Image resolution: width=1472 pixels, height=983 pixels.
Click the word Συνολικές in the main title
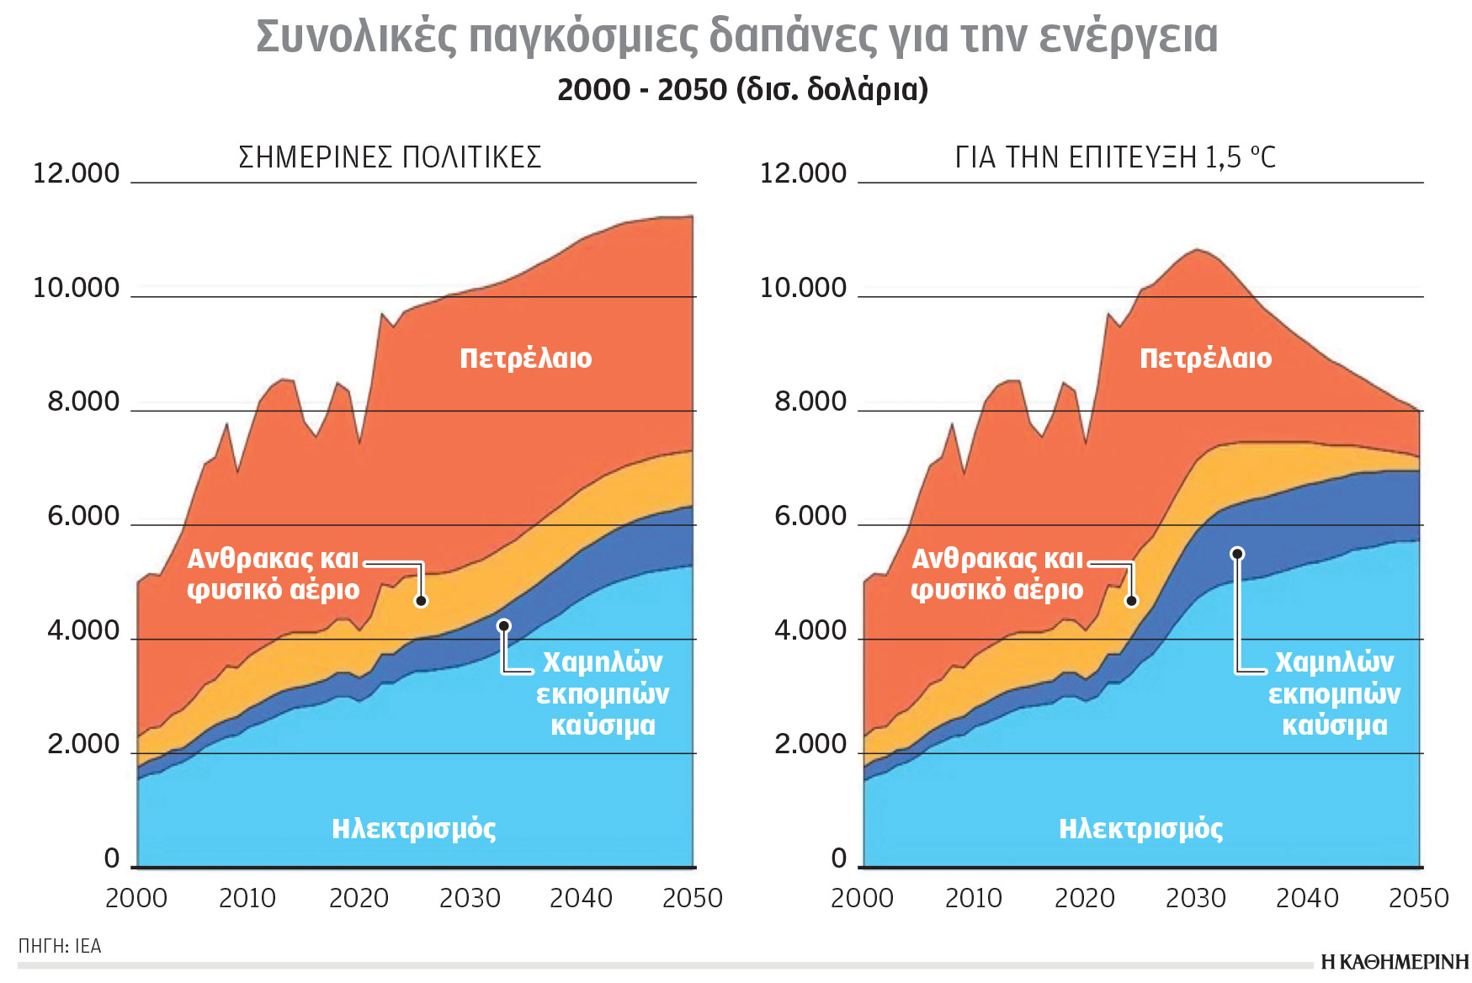pyautogui.click(x=356, y=37)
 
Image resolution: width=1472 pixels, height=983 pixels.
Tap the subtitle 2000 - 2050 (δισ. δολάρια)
pyautogui.click(x=742, y=89)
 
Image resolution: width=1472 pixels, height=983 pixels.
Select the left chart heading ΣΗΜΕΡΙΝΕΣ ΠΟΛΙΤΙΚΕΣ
pyautogui.click(x=390, y=157)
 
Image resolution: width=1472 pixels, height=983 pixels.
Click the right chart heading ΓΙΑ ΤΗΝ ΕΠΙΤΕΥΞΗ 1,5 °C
pyautogui.click(x=1115, y=157)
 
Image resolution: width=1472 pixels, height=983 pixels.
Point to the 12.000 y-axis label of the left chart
pyautogui.click(x=76, y=173)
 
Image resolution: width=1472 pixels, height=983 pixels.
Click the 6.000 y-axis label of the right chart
pyautogui.click(x=810, y=516)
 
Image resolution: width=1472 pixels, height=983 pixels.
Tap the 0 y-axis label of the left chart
pyautogui.click(x=111, y=858)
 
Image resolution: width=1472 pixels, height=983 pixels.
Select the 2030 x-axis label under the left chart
pyautogui.click(x=470, y=899)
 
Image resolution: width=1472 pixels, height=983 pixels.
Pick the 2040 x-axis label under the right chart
pyautogui.click(x=1307, y=899)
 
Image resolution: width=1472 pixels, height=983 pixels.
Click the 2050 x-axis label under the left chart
pyautogui.click(x=692, y=899)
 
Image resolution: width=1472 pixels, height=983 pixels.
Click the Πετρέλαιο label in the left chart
pyautogui.click(x=525, y=359)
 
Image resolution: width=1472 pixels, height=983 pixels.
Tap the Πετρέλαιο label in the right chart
pyautogui.click(x=1205, y=359)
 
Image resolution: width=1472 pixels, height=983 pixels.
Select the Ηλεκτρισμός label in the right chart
pyautogui.click(x=1140, y=829)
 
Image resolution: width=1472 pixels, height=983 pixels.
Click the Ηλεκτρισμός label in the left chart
pyautogui.click(x=413, y=829)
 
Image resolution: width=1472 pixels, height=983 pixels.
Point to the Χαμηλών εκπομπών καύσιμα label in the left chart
pyautogui.click(x=603, y=693)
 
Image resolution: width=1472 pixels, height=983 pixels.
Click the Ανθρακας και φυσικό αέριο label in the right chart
pyautogui.click(x=997, y=574)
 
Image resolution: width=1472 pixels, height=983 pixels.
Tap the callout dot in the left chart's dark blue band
pyautogui.click(x=503, y=626)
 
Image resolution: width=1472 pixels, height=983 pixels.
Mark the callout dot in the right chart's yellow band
pyautogui.click(x=1131, y=600)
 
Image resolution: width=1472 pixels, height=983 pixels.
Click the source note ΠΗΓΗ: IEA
pyautogui.click(x=60, y=946)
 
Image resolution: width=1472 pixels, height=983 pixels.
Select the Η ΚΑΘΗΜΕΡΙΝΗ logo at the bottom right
pyautogui.click(x=1394, y=962)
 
